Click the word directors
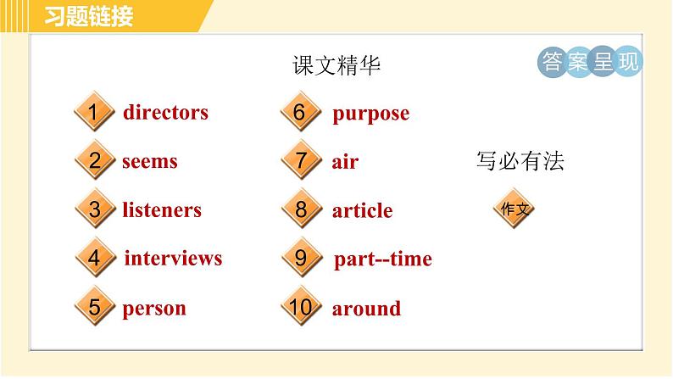pos(165,113)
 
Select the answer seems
pos(149,161)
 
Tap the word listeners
pos(161,210)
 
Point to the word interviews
pos(173,259)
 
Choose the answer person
pos(153,309)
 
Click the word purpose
pos(370,114)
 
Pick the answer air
pos(345,162)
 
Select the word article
pos(362,211)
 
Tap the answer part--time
pos(383,259)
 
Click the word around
pos(366,309)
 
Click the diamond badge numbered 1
pos(94,112)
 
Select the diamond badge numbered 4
pos(94,258)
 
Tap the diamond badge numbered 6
pos(300,112)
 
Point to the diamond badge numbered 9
pos(300,258)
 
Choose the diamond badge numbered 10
pos(300,307)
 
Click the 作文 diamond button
pos(514,209)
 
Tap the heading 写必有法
pos(520,162)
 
